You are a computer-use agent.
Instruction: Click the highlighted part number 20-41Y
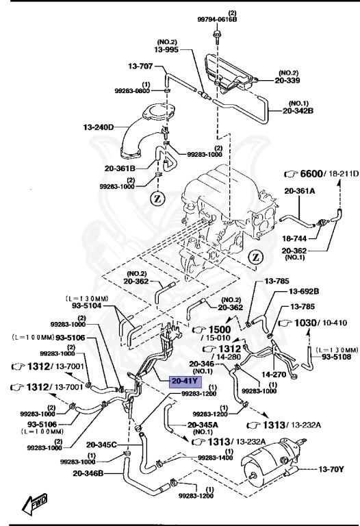pos(185,381)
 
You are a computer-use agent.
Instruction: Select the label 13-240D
pos(98,127)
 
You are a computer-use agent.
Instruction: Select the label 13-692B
pos(303,291)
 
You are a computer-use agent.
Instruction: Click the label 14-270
pos(274,375)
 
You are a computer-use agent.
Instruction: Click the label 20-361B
pos(120,166)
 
